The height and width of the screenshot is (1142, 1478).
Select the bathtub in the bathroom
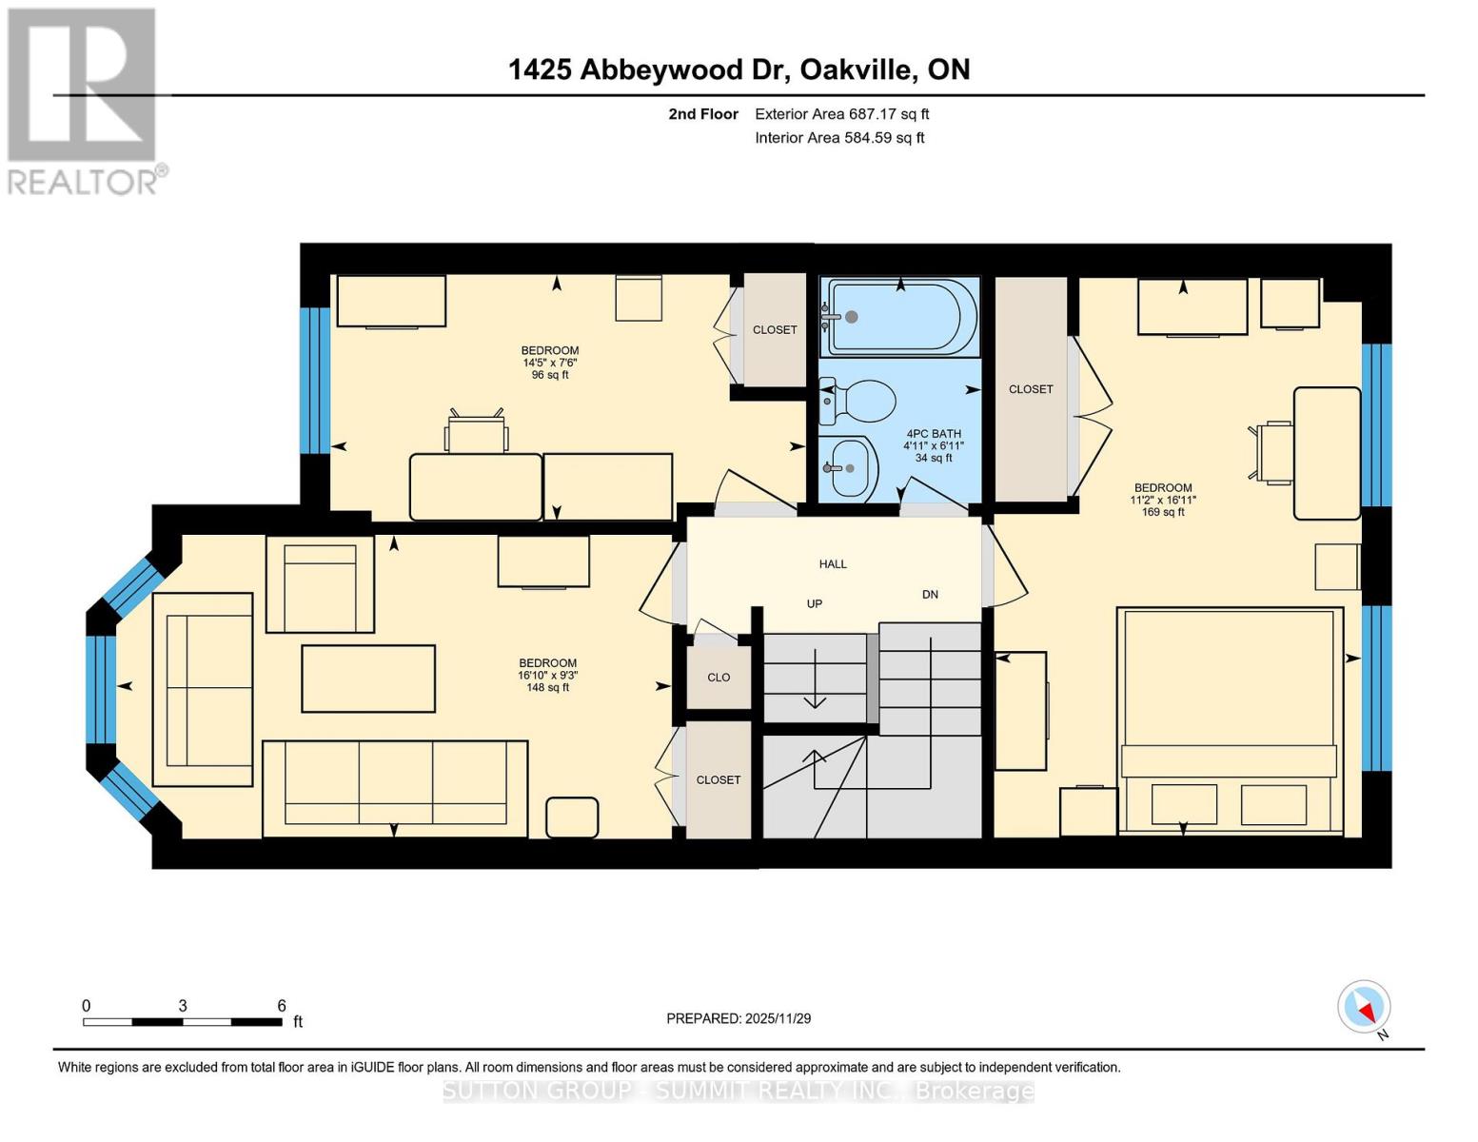click(899, 317)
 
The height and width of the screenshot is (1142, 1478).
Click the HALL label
click(833, 564)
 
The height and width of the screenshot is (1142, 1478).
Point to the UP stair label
click(815, 603)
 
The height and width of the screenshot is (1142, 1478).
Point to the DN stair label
click(930, 594)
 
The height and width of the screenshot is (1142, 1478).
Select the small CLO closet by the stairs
click(719, 678)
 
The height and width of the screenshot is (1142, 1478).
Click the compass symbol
click(1364, 1007)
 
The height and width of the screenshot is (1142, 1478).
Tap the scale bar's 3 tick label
click(182, 1006)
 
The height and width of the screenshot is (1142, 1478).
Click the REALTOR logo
click(84, 101)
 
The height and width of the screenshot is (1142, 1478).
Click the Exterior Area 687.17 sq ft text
click(841, 114)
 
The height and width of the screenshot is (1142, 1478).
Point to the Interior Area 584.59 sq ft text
click(839, 138)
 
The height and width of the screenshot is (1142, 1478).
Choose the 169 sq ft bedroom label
click(1163, 512)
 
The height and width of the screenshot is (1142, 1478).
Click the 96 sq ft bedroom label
click(550, 375)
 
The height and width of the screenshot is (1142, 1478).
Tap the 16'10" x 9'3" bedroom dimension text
click(547, 676)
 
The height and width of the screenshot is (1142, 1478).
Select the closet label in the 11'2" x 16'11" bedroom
click(1031, 389)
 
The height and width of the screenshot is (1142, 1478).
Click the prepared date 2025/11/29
click(739, 1018)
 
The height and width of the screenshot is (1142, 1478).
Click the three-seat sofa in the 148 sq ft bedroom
click(395, 789)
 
